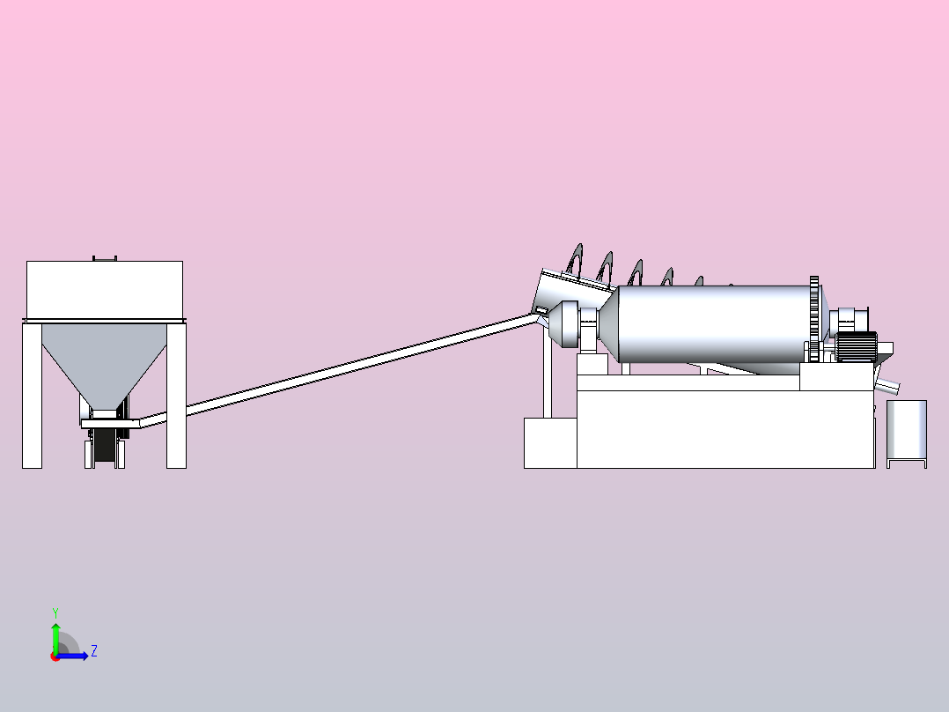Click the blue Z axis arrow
[72, 656]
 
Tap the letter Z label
[94, 651]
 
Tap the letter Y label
[55, 613]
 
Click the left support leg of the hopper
[32, 395]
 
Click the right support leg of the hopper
[176, 395]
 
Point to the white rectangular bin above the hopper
[105, 290]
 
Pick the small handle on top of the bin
[105, 259]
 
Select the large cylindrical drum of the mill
[714, 324]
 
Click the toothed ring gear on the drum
[814, 319]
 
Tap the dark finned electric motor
[857, 346]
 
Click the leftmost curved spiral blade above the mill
[575, 261]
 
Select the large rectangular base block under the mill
[725, 429]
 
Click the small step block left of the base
[550, 443]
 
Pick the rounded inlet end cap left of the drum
[564, 323]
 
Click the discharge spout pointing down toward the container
[887, 385]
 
